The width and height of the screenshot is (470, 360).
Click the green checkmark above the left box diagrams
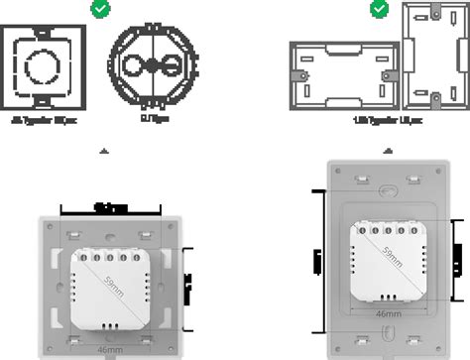click(99, 10)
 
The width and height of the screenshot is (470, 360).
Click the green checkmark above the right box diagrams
click(379, 9)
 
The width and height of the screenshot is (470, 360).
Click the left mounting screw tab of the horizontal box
click(294, 74)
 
